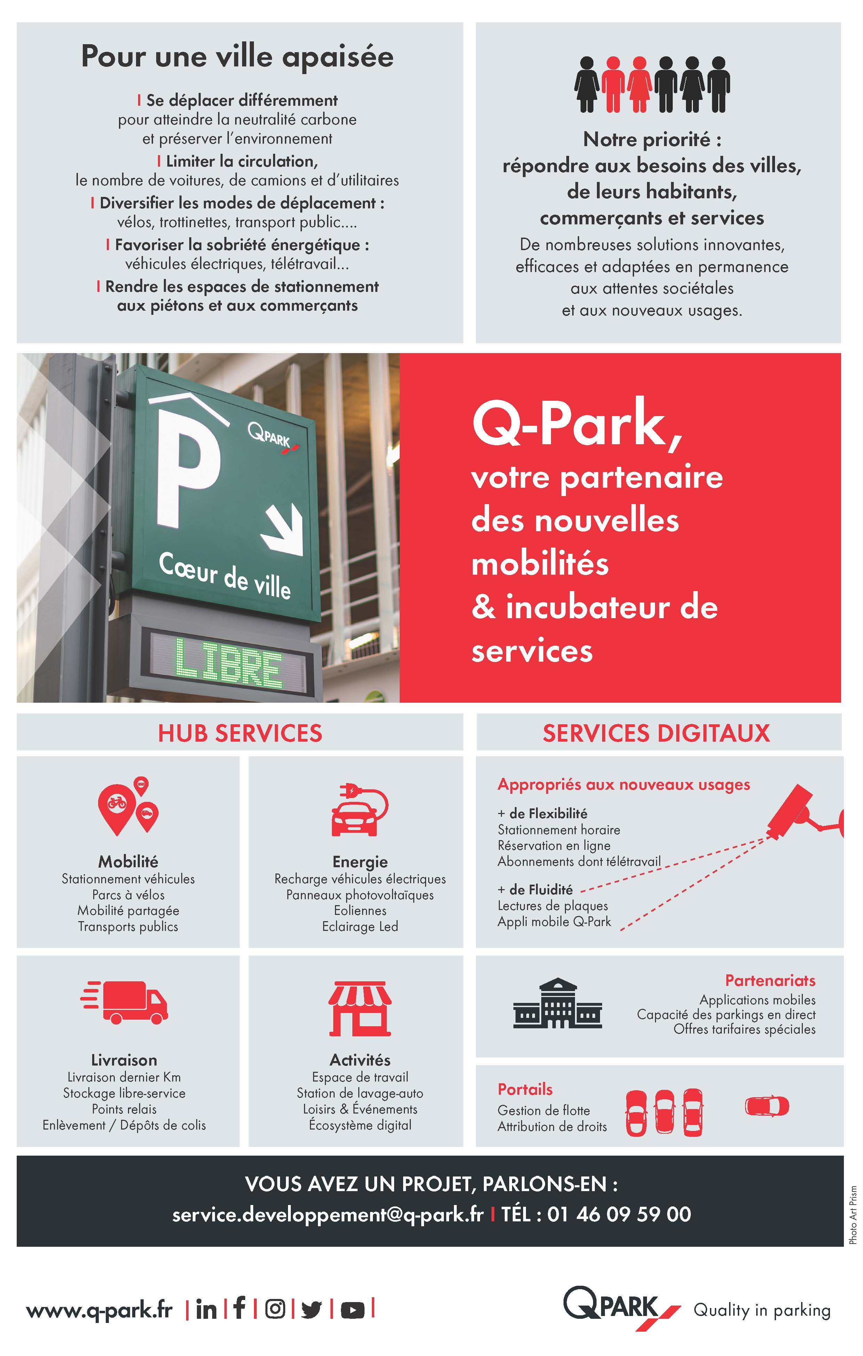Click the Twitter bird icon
pos(311,1310)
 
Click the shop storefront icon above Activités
pos(360,1008)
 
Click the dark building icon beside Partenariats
pos(557,1004)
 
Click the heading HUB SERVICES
pos(240,733)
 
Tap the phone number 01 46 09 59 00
pos(619,1214)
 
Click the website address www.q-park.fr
pos(99,1310)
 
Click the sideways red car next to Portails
pos(767,1106)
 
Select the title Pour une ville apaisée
pos(237,57)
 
